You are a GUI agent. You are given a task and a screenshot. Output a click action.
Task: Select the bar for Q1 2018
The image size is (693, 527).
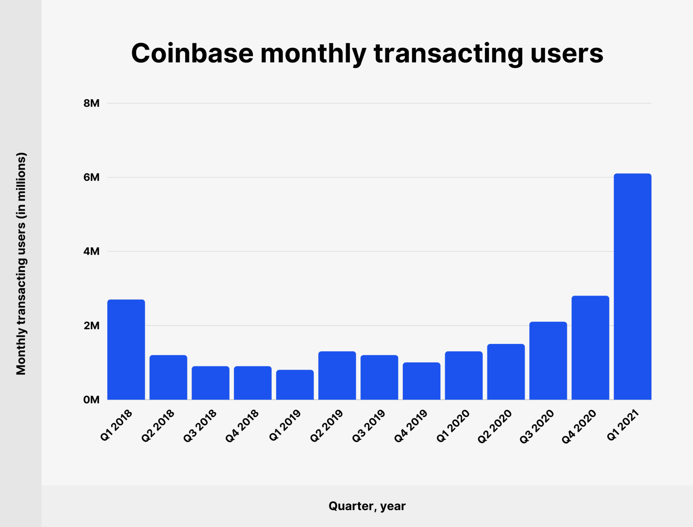pos(126,349)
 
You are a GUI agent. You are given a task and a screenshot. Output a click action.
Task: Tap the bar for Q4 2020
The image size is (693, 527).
pos(590,347)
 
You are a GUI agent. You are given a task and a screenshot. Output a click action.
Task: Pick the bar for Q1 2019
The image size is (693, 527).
pos(295,385)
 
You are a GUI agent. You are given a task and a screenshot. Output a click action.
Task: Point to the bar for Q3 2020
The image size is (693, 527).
pos(548,360)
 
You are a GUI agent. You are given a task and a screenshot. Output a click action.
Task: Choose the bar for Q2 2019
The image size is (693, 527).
pos(337,375)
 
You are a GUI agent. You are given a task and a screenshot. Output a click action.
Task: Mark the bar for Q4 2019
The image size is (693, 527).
pos(421,381)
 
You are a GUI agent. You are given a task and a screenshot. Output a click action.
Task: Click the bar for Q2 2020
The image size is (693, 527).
pos(506,372)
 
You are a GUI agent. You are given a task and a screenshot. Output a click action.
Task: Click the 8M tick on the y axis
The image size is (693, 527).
pos(91,103)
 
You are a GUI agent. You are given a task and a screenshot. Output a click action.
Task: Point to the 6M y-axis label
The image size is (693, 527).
pos(91,177)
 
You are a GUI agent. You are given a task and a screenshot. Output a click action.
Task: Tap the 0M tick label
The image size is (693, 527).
pos(91,400)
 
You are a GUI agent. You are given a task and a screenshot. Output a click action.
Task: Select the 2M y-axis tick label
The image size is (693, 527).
pos(91,326)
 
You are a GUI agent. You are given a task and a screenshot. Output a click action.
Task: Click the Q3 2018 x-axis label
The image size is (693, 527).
pos(200,426)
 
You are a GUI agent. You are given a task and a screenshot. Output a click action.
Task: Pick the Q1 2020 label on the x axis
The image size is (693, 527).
pos(453,426)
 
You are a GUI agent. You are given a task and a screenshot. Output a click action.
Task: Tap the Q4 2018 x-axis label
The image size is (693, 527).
pos(242,426)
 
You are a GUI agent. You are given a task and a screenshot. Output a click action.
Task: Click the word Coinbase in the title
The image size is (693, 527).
pos(192,53)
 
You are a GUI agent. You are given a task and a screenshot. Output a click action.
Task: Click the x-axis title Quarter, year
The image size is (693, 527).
pos(367,506)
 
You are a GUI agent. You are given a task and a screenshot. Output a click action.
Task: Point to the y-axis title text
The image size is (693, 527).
pos(21,264)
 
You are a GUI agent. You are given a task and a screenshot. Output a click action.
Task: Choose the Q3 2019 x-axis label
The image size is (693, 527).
pos(369,426)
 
